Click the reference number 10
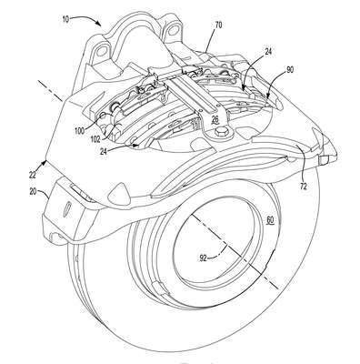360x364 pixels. tap(65, 19)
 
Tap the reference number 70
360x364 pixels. tap(218, 25)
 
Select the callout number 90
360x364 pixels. tap(289, 70)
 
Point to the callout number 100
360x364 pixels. tap(80, 131)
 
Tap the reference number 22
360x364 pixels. tap(33, 175)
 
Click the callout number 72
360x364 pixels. tap(303, 186)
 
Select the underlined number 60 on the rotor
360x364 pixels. tap(270, 218)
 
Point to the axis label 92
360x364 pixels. tap(204, 258)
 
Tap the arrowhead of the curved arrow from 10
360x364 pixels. tap(99, 24)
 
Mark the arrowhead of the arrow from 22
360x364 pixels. tap(45, 162)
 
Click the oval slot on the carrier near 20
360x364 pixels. tap(67, 208)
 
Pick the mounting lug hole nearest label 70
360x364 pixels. tap(173, 31)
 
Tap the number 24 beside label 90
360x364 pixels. tap(267, 52)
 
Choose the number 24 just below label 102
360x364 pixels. tap(105, 151)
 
